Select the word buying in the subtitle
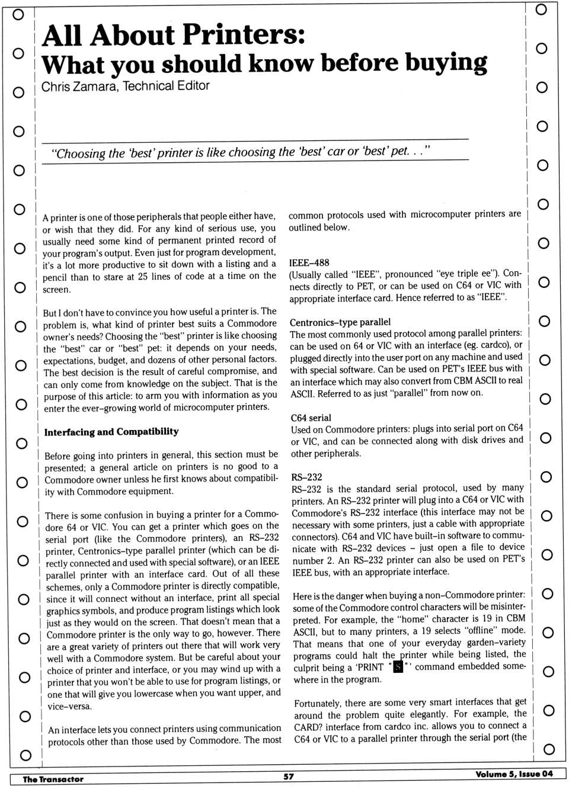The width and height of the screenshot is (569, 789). [x=448, y=63]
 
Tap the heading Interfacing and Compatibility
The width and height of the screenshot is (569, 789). [x=111, y=432]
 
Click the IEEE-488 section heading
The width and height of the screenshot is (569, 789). [x=309, y=262]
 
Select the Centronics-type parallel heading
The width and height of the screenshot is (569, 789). [x=340, y=322]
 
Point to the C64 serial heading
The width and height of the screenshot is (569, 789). [x=311, y=418]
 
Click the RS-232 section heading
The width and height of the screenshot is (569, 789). [x=306, y=477]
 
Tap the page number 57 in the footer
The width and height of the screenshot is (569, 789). [x=289, y=777]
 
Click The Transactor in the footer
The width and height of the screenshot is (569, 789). [x=53, y=779]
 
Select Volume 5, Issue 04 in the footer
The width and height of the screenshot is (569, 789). [x=514, y=774]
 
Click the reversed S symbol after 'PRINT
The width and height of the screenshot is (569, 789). [x=398, y=667]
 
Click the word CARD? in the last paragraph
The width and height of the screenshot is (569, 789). [x=309, y=726]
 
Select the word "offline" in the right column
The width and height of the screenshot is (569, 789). [x=479, y=630]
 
